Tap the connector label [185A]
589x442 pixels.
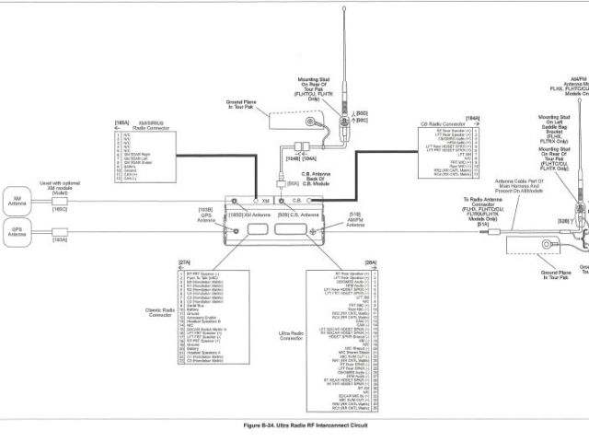[x=121, y=122]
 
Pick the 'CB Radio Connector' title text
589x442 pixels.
[x=441, y=122]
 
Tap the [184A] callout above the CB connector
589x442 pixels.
[x=473, y=118]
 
